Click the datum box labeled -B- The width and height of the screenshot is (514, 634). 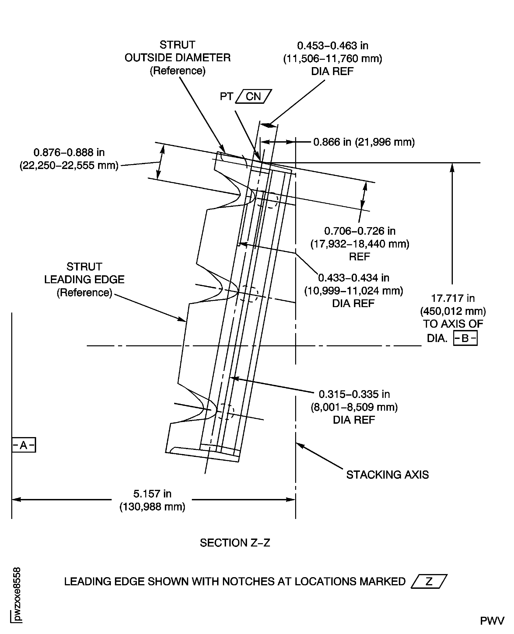point(465,338)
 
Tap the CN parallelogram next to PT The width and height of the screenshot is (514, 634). point(253,96)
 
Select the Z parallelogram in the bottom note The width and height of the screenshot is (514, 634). point(429,582)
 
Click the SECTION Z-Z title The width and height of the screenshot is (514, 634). point(235,543)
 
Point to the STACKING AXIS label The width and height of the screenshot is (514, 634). point(387,475)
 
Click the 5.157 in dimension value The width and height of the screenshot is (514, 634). point(152,494)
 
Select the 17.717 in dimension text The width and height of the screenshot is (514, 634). point(453,298)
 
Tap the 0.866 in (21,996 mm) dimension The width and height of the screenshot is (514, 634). point(364,142)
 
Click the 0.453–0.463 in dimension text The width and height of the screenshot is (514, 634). point(332,46)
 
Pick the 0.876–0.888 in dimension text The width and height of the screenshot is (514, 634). point(69,152)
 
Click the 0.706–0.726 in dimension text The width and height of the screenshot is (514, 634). point(360,231)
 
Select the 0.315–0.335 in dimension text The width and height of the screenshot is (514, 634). point(354,394)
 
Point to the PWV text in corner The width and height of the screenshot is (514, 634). point(492,621)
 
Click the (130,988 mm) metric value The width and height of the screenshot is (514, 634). point(152,507)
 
